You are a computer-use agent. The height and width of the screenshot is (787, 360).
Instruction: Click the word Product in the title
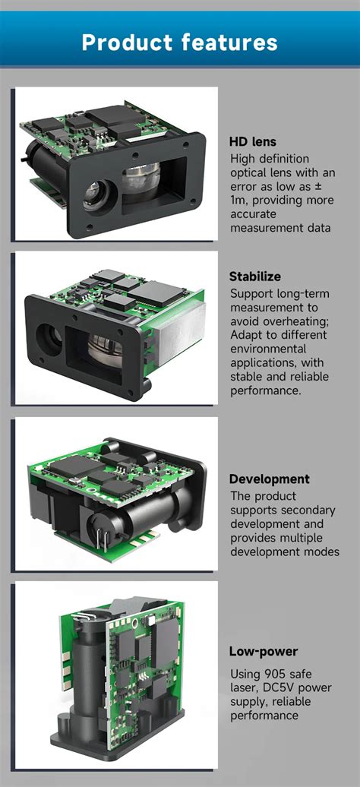[x=125, y=43]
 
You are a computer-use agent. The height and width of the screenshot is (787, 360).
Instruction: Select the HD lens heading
[x=252, y=141]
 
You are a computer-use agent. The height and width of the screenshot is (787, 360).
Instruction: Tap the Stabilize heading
[x=254, y=277]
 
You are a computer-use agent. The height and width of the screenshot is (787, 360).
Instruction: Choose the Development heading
[x=269, y=479]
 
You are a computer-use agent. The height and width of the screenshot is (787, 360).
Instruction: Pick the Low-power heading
[x=263, y=652]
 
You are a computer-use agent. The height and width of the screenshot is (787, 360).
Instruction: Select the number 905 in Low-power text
[x=273, y=675]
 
